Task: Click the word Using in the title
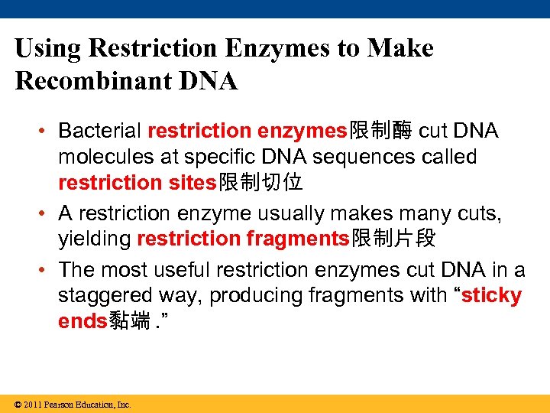48,49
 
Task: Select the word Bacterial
100,131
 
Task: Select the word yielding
95,239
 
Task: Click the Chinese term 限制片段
393,239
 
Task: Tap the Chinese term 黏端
130,321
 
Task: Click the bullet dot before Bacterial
43,131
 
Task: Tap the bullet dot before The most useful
43,269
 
